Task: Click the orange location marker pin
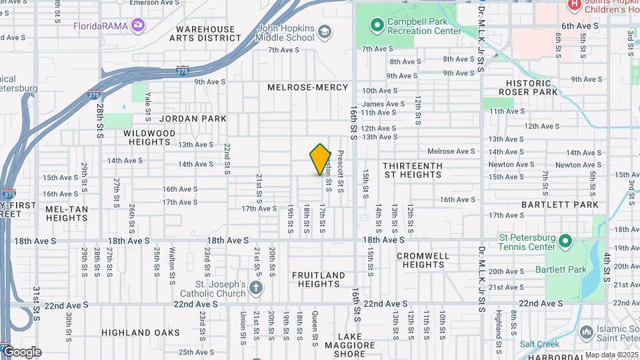tap(321, 159)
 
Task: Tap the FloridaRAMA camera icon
tap(139, 25)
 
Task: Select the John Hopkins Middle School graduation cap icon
tap(325, 32)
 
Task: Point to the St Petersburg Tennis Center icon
tap(565, 240)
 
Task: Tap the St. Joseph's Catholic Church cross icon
tap(257, 288)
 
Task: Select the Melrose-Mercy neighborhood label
tap(308, 87)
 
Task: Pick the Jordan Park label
tap(193, 119)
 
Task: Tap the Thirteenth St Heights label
tap(412, 170)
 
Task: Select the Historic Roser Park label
tap(531, 87)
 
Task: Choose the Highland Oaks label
tap(141, 332)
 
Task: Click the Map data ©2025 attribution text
tap(612, 355)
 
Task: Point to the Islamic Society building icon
tap(587, 331)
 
